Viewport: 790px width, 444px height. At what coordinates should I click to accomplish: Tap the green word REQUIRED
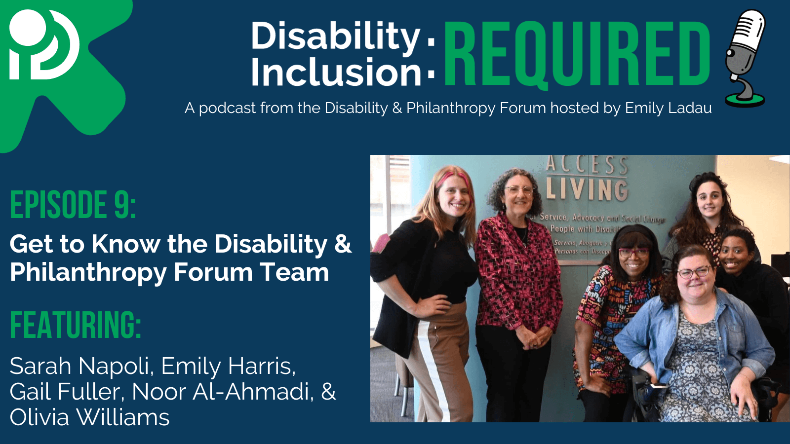tap(577, 54)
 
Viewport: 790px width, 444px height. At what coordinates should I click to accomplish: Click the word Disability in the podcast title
tap(335, 36)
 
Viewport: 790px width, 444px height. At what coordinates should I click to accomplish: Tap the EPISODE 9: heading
tap(73, 205)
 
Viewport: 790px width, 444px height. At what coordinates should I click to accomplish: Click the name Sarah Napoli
tap(79, 366)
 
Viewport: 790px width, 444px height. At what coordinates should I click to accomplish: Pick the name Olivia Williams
tap(89, 417)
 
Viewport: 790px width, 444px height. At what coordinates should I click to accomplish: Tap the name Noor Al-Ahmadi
tap(223, 392)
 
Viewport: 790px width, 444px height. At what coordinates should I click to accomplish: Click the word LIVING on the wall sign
tap(587, 189)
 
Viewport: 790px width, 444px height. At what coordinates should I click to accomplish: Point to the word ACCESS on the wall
tap(587, 164)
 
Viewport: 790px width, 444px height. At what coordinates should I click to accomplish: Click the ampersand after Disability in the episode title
tap(343, 244)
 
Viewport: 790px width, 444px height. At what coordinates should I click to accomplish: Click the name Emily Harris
tap(228, 366)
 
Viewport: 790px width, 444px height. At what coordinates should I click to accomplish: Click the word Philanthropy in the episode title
tap(88, 273)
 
